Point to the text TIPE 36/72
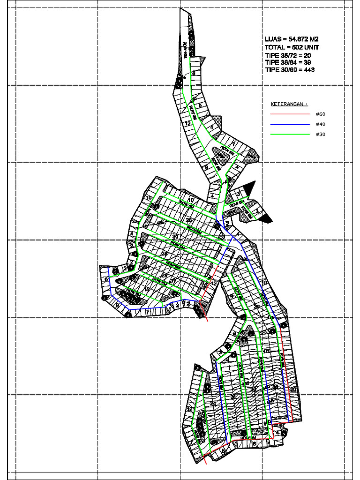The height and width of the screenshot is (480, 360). click(x=282, y=55)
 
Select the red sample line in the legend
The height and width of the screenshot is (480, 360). click(x=290, y=114)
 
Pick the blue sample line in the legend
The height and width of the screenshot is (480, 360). click(x=290, y=124)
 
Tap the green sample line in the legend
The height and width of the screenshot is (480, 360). click(x=290, y=135)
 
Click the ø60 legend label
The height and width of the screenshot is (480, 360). click(x=321, y=114)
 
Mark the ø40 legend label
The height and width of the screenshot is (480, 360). click(x=321, y=124)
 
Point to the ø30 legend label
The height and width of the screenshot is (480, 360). click(x=321, y=135)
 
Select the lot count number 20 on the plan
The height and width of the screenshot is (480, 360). click(x=293, y=389)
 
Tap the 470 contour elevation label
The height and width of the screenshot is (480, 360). click(x=267, y=351)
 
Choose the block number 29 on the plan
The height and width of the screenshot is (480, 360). click(x=256, y=307)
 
